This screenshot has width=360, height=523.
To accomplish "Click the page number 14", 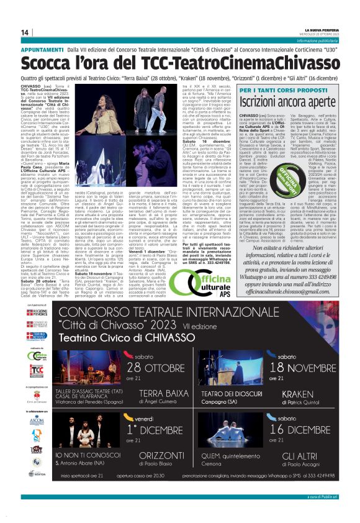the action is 25,32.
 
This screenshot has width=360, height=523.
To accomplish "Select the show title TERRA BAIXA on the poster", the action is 162,393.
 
